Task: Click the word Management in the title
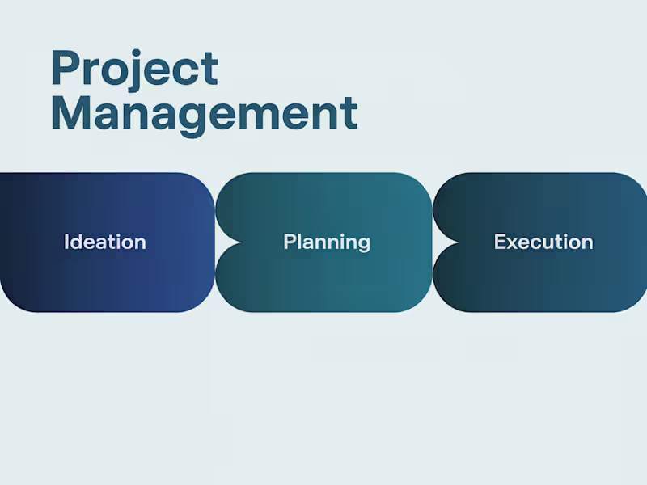(x=204, y=113)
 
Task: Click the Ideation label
(x=105, y=242)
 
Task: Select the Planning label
(x=327, y=242)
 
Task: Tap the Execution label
(x=543, y=242)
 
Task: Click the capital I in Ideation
(x=66, y=242)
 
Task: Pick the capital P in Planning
(x=289, y=242)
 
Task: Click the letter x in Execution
(x=510, y=242)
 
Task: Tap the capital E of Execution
(x=499, y=242)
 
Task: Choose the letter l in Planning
(x=299, y=241)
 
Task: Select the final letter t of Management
(x=349, y=114)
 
